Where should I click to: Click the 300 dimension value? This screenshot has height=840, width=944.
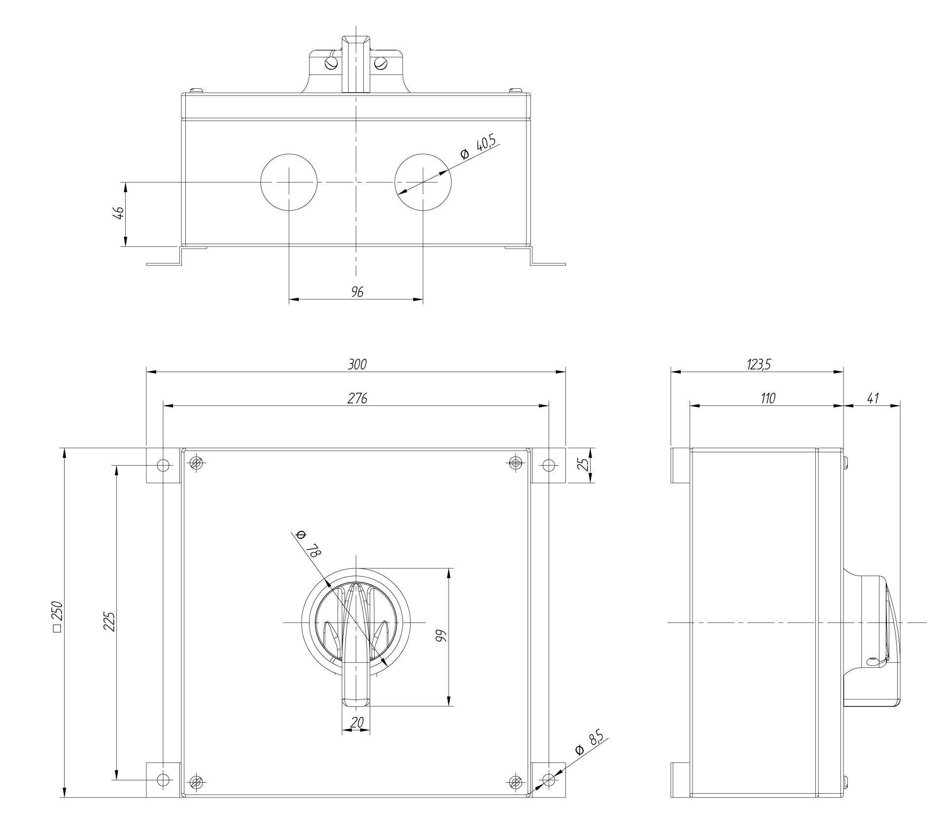pyautogui.click(x=357, y=365)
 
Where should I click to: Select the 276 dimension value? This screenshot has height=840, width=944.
pyautogui.click(x=357, y=398)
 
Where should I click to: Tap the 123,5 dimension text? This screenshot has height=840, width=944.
pyautogui.click(x=758, y=365)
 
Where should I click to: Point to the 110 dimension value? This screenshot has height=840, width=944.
pyautogui.click(x=768, y=398)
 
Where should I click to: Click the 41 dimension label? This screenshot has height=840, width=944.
pyautogui.click(x=873, y=398)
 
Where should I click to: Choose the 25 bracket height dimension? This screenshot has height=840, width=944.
pyautogui.click(x=584, y=465)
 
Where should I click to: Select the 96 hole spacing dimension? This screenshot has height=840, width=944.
pyautogui.click(x=357, y=292)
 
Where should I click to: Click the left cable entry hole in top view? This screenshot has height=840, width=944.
pyautogui.click(x=288, y=182)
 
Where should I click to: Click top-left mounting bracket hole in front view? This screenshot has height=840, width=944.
pyautogui.click(x=163, y=465)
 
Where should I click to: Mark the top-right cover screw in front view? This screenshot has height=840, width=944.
pyautogui.click(x=515, y=463)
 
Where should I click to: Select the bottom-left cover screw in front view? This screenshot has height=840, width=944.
pyautogui.click(x=196, y=781)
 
